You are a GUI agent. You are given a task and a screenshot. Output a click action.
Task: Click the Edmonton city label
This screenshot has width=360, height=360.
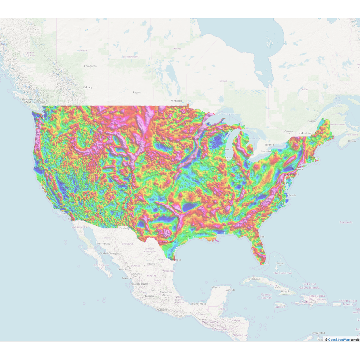(90, 66)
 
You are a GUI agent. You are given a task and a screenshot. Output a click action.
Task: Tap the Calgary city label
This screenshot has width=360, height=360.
(88, 87)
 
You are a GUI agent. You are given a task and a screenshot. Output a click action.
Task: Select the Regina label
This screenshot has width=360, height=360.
(137, 93)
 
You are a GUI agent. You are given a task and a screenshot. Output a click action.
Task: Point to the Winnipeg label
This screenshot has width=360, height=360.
(176, 101)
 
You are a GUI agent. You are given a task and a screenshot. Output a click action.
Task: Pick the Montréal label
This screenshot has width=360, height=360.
(306, 133)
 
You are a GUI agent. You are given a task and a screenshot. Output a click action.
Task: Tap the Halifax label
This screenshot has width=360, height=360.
(352, 141)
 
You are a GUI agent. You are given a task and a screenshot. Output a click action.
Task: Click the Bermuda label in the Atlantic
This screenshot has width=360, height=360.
(346, 222)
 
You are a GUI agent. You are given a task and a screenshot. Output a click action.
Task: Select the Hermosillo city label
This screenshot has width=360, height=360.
(104, 244)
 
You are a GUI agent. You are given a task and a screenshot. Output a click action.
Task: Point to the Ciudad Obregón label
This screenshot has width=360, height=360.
(109, 253)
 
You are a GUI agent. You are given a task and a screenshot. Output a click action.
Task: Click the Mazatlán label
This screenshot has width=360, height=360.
(127, 278)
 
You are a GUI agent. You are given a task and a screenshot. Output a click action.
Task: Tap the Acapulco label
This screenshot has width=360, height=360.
(162, 310)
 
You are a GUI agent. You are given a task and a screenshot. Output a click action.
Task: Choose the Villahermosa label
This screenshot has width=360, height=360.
(198, 304)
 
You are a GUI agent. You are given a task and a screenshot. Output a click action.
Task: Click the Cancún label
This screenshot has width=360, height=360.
(230, 290)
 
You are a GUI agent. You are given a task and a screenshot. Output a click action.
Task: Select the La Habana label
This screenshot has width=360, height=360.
(254, 279)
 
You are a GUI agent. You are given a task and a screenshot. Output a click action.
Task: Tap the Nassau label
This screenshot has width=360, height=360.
(280, 263)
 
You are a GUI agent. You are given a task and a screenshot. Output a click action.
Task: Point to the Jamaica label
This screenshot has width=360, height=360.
(280, 307)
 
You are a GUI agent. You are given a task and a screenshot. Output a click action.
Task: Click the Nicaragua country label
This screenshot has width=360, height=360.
(240, 335)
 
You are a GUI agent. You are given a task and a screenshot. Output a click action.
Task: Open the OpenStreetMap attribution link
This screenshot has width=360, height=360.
(339, 340)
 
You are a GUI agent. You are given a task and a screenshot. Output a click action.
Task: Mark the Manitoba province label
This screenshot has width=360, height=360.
(176, 49)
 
